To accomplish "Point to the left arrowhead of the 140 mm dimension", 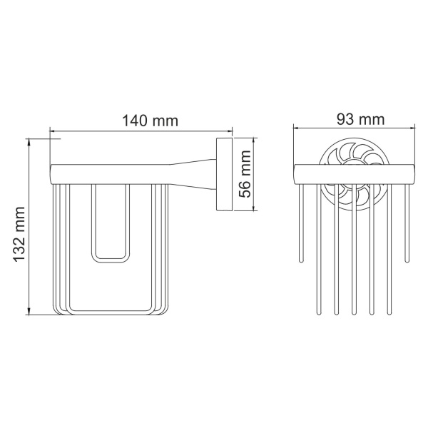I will point(53,131).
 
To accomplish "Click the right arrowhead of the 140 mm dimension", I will point(230,131).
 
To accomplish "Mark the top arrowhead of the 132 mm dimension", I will point(29,143).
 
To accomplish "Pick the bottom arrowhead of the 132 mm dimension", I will point(29,310).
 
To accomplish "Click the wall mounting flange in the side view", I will point(221,175).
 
